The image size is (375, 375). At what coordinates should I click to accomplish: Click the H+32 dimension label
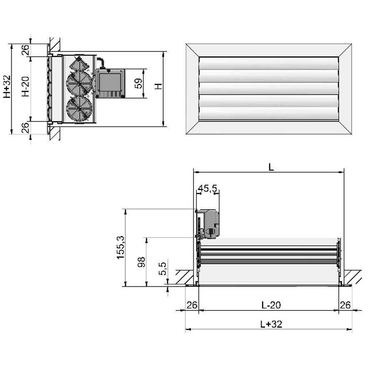tap(7, 87)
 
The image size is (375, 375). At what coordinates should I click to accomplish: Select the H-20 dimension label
tap(25, 87)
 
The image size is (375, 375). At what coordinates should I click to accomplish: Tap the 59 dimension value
tap(138, 83)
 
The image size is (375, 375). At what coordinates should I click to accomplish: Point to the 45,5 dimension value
tap(207, 188)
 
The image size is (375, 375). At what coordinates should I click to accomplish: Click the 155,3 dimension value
tap(120, 247)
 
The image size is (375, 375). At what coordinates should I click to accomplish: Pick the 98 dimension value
tap(141, 262)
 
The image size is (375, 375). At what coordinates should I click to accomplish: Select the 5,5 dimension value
tap(162, 269)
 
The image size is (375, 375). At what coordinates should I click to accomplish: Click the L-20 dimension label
tap(271, 305)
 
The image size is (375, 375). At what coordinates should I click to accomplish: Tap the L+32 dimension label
tap(271, 324)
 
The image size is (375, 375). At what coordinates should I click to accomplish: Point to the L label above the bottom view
tap(271, 167)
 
